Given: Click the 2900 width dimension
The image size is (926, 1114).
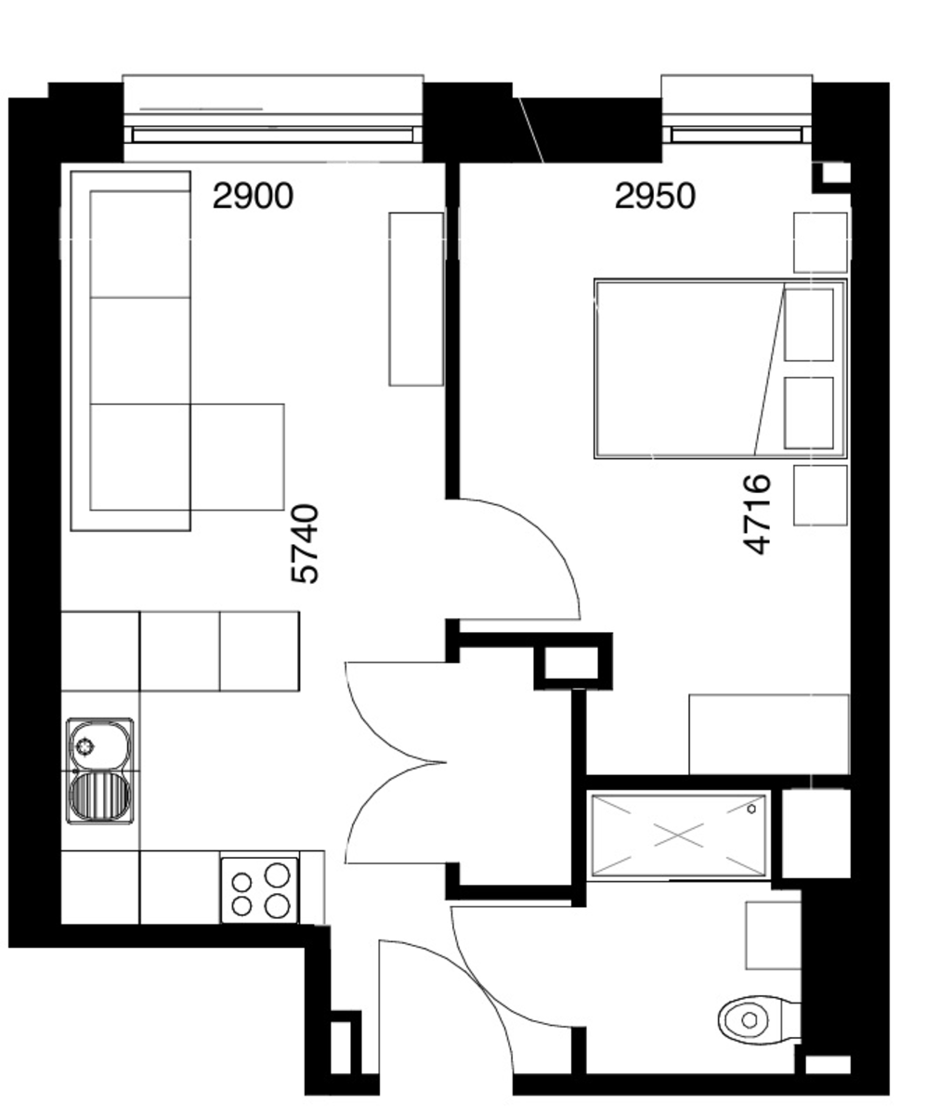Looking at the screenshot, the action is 253,196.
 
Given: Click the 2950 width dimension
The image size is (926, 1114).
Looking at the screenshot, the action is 655,196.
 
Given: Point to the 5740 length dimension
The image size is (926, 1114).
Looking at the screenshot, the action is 306,544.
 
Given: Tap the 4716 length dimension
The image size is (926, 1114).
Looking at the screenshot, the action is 757,515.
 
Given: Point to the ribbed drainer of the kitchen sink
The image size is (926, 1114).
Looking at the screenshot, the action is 99,797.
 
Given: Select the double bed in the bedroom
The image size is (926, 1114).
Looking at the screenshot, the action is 721,369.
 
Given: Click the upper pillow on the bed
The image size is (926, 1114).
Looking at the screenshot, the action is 809,325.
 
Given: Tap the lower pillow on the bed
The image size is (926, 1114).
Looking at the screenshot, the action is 809,413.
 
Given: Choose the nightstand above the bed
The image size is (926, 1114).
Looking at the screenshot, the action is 820,242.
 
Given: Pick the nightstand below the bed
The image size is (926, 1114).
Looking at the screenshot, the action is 820,496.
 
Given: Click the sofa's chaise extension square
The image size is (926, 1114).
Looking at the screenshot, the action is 237,457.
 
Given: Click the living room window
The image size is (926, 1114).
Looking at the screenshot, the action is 273,119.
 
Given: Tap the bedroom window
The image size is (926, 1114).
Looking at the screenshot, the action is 737,119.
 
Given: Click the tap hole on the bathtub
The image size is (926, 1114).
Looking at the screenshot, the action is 752,809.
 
